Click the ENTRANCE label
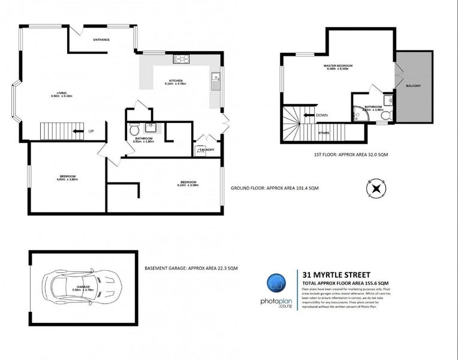pyautogui.click(x=101, y=40)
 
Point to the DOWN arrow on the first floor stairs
pyautogui.click(x=309, y=115)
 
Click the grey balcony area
pyautogui.click(x=414, y=86)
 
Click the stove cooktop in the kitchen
pyautogui.click(x=181, y=59)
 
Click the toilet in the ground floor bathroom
pyautogui.click(x=134, y=128)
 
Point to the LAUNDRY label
pyautogui.click(x=206, y=150)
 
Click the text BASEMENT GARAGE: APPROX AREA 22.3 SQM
pyautogui.click(x=187, y=268)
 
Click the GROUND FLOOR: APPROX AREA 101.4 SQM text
pyautogui.click(x=275, y=188)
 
